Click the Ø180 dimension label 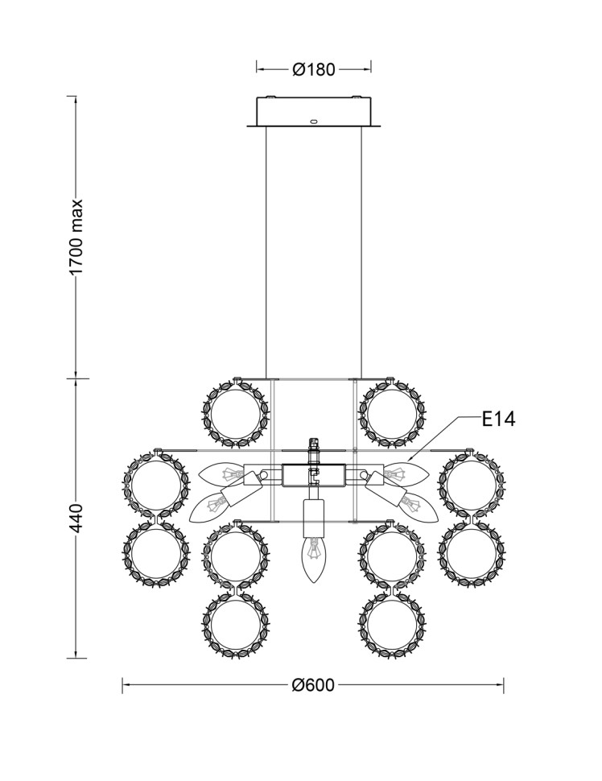coord(314,69)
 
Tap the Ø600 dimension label coord(313,685)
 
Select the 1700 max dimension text coord(76,237)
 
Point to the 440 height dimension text coord(77,518)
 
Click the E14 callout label coord(498,419)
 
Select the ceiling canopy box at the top coord(314,112)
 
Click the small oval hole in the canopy coord(314,120)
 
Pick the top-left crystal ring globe coord(236,413)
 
